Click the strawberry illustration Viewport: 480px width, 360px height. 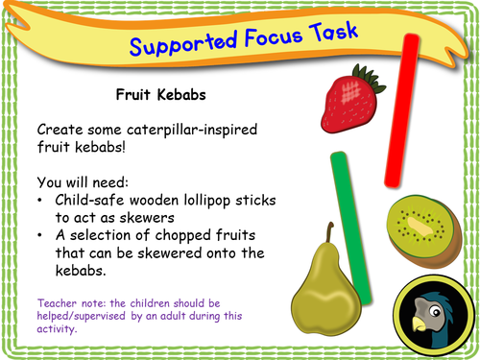(344, 103)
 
